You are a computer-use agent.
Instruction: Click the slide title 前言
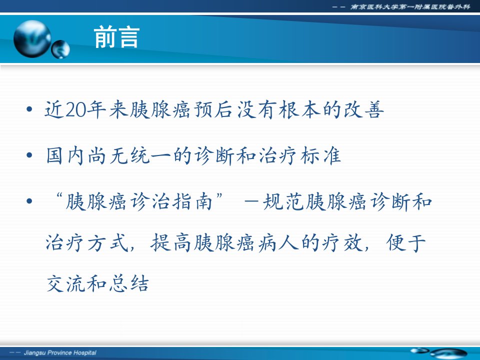116,37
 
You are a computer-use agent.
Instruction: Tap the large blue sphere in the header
32,39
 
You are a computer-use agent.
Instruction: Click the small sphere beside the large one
60,49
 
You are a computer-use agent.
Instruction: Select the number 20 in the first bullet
75,110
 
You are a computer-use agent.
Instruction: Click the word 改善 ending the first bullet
364,109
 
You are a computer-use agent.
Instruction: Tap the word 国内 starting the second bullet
65,155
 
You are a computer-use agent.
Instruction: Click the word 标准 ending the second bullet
320,155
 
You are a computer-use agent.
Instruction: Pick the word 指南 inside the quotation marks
192,201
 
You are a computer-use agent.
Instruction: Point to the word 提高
171,243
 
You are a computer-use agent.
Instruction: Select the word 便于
406,243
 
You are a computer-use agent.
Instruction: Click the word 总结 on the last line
129,283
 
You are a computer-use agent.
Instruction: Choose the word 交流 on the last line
66,283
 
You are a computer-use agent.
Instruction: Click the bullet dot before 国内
29,155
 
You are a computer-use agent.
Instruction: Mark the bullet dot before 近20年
29,109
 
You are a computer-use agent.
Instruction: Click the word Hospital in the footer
85,352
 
